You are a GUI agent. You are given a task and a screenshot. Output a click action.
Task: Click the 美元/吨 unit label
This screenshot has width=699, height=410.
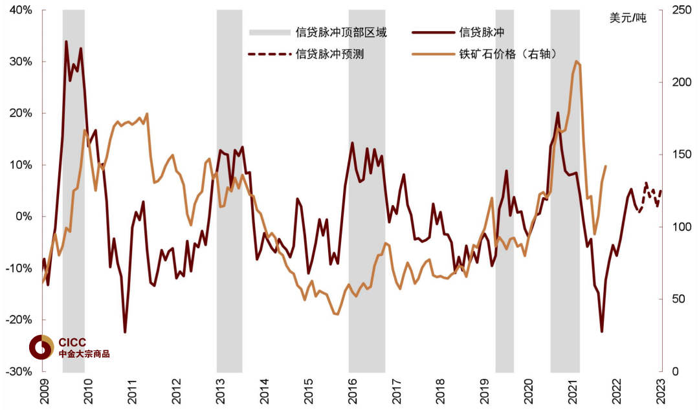tap(627, 17)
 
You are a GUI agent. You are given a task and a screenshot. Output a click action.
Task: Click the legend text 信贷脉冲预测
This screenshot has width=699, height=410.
tap(329, 54)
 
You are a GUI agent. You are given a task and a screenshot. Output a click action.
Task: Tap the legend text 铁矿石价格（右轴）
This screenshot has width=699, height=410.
tap(504, 54)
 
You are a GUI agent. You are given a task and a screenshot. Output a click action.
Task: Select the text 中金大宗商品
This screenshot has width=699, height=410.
tap(84, 354)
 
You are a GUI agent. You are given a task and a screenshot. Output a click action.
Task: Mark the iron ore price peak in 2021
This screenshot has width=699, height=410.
tap(575, 61)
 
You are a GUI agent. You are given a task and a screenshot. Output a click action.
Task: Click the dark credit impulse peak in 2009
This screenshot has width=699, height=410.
tap(66, 41)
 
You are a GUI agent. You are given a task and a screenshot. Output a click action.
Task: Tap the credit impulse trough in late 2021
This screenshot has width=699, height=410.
tap(602, 332)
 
